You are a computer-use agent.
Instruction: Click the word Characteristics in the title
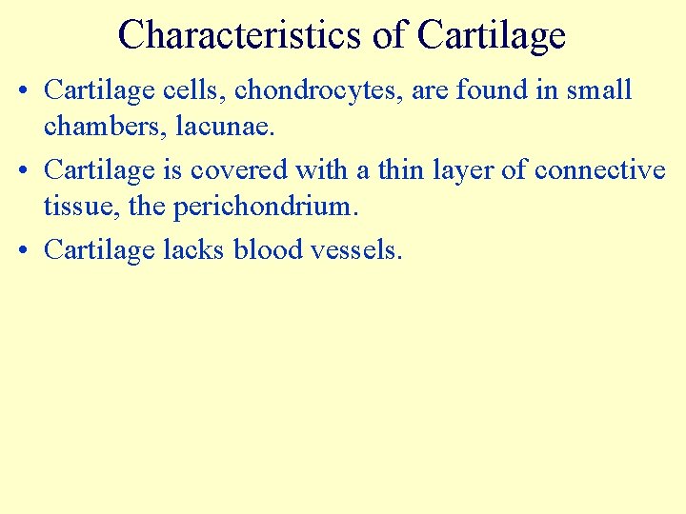pyautogui.click(x=239, y=34)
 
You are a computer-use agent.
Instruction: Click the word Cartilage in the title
pyautogui.click(x=492, y=34)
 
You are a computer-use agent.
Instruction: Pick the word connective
pyautogui.click(x=600, y=170)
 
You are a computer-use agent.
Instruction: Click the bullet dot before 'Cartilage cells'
pyautogui.click(x=24, y=90)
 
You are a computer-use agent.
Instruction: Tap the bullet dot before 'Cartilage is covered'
pyautogui.click(x=24, y=170)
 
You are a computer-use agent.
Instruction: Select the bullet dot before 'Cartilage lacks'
pyautogui.click(x=24, y=250)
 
